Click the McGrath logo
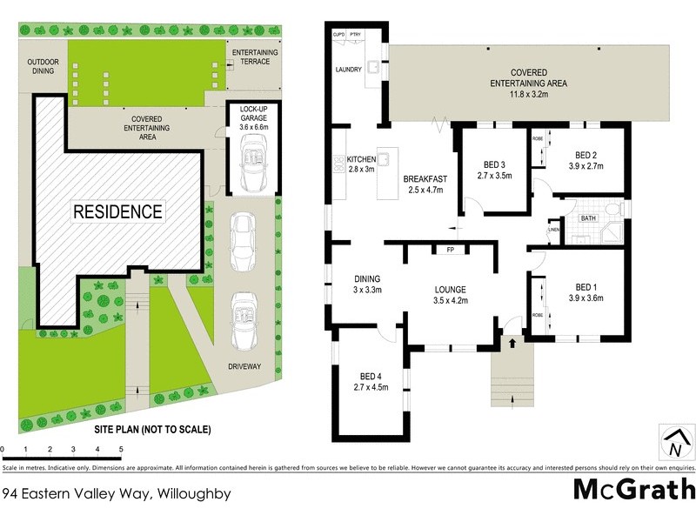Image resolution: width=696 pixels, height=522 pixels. [634, 488]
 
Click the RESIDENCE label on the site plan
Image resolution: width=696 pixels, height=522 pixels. [117, 211]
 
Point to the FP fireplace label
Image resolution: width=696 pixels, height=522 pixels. [451, 250]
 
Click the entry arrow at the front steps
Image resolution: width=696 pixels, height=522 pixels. [511, 343]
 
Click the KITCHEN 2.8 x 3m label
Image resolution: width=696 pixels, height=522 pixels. [360, 164]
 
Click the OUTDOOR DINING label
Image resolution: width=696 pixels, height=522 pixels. [42, 66]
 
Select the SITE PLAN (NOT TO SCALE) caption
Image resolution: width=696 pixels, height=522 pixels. [152, 430]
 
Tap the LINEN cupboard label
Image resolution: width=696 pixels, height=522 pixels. [553, 231]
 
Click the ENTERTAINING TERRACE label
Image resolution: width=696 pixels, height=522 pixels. [255, 57]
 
